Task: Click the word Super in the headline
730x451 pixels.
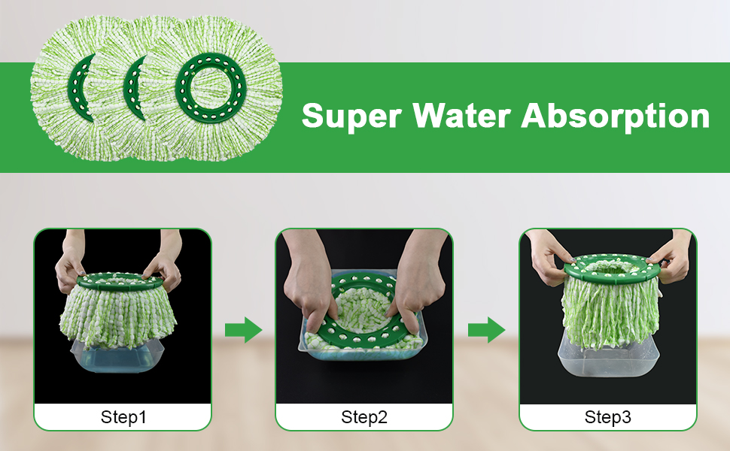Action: [x=351, y=117]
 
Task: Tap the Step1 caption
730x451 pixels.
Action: [x=123, y=417]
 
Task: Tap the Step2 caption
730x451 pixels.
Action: [x=364, y=417]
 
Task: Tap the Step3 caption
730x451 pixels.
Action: [x=608, y=417]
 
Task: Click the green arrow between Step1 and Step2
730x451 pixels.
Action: [x=243, y=329]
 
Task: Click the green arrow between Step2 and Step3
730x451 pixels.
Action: [x=486, y=329]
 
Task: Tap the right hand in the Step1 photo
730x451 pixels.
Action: [x=167, y=267]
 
